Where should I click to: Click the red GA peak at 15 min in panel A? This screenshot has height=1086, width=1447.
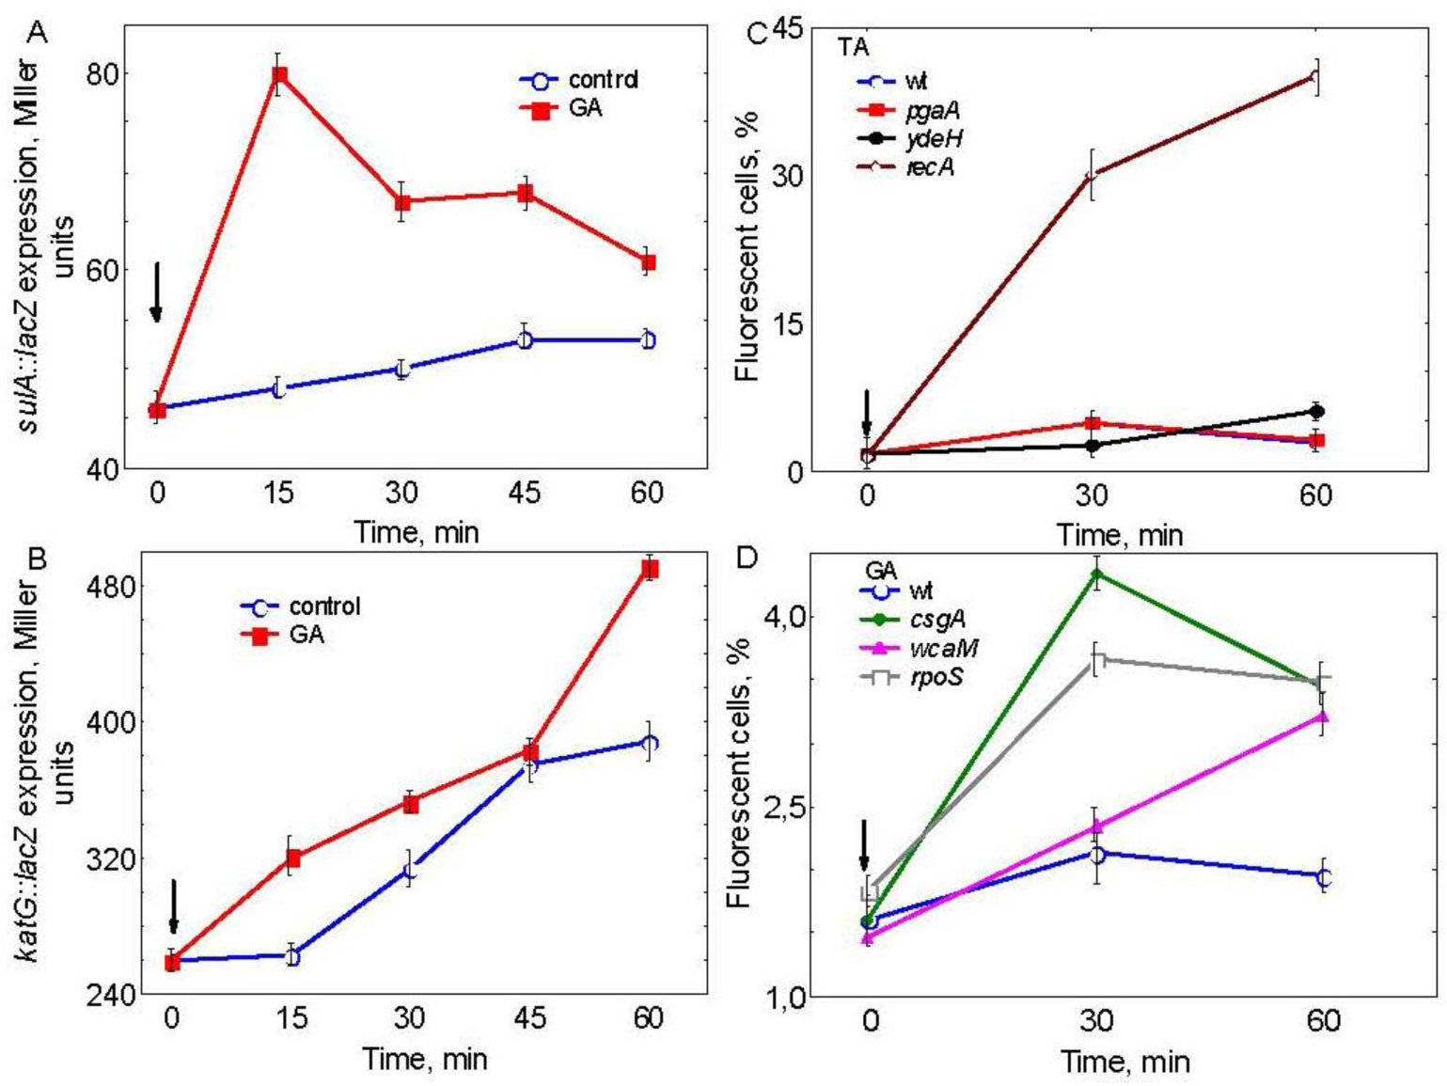(279, 75)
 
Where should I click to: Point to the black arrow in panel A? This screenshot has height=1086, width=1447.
(157, 292)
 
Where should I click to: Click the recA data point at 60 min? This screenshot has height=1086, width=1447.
(1316, 77)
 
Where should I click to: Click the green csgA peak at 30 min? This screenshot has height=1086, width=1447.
(1096, 574)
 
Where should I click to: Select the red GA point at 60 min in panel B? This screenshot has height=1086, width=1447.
(649, 569)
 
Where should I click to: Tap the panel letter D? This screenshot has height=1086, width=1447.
(746, 558)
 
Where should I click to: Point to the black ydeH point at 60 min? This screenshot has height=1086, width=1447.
(1316, 411)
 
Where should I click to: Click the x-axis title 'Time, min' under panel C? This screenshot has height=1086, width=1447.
(1119, 535)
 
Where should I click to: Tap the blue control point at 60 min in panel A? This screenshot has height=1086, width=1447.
(648, 340)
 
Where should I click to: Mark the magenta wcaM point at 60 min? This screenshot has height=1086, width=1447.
(1323, 717)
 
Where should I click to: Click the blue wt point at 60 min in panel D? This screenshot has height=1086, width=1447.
(1324, 877)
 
